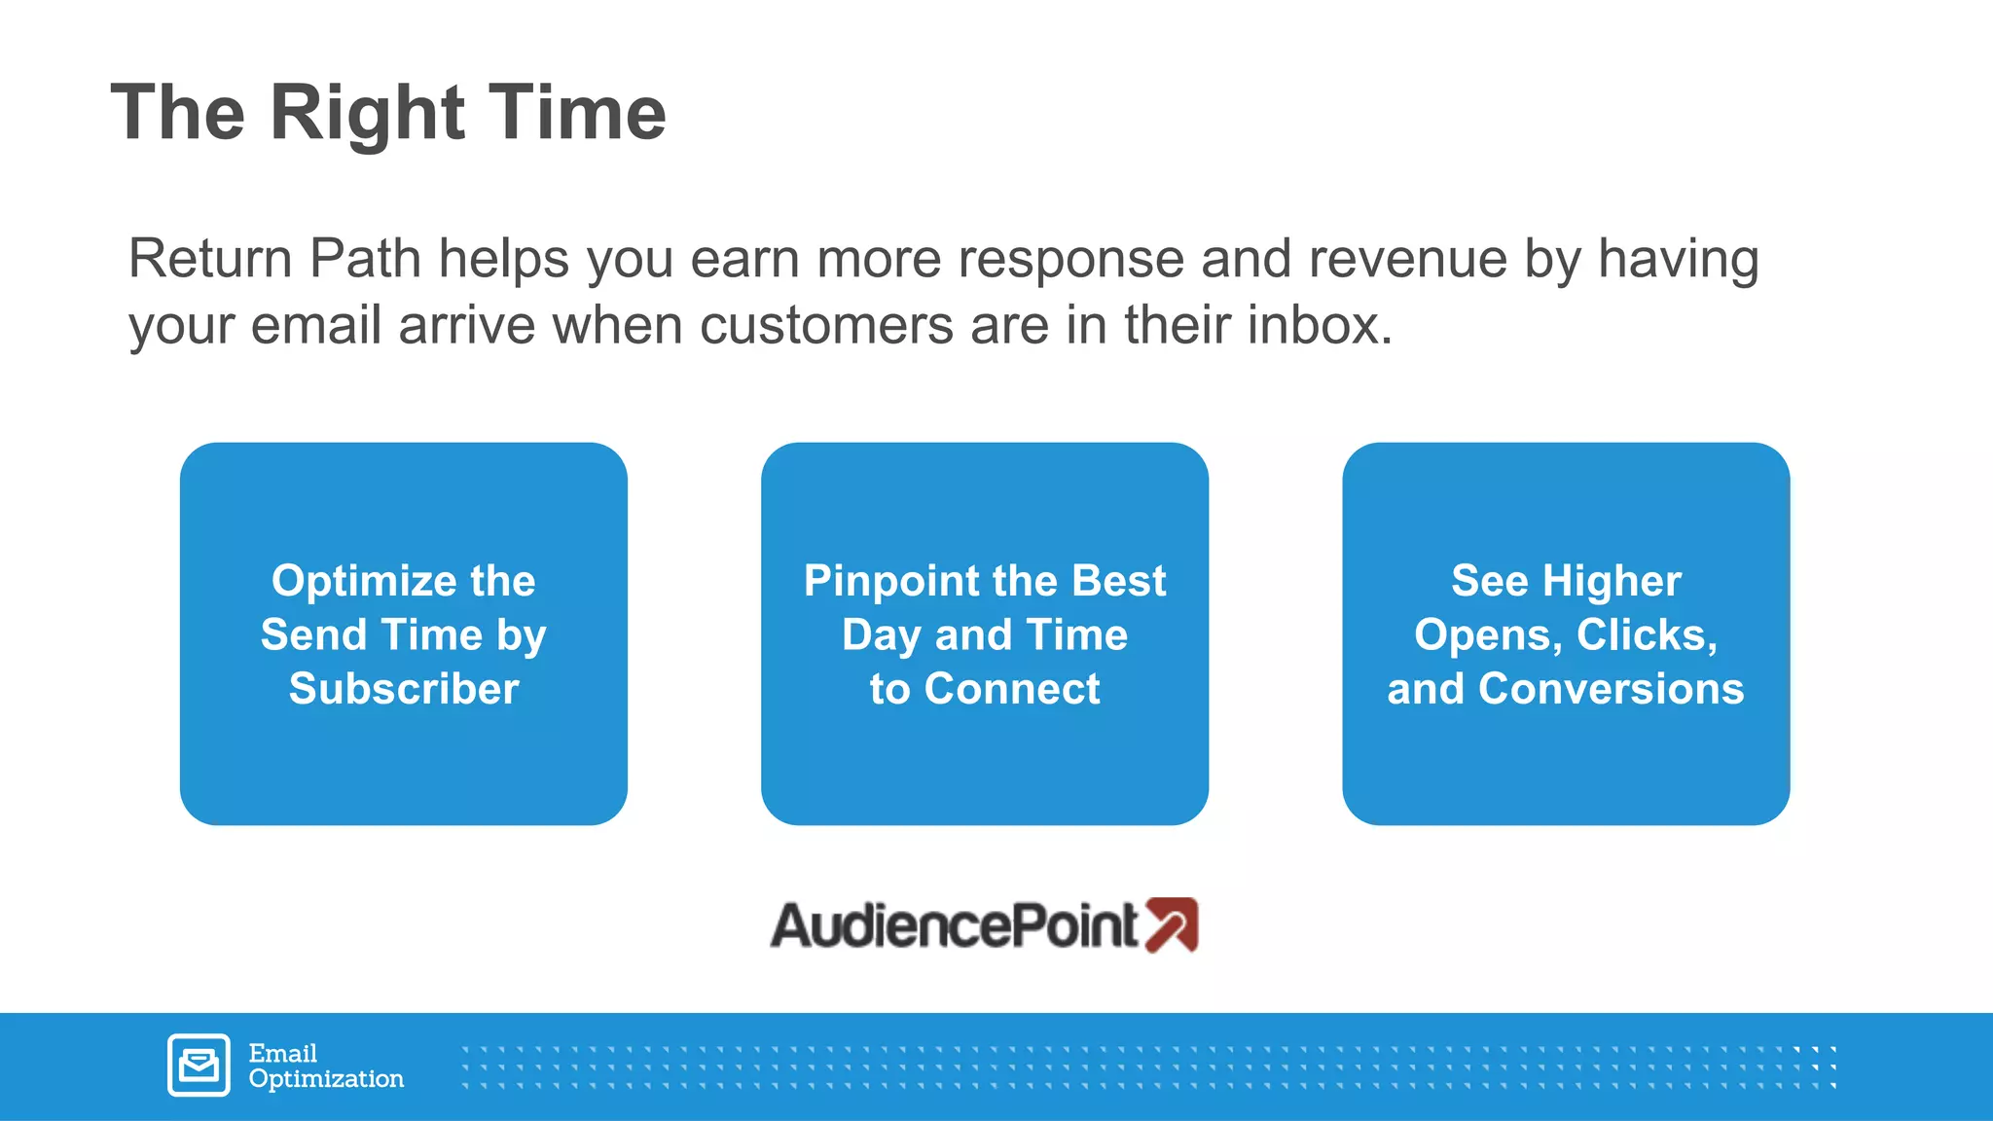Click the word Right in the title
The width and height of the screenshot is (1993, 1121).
[x=367, y=114]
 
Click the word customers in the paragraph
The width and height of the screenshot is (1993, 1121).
[x=826, y=325]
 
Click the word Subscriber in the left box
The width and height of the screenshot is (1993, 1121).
[x=404, y=689]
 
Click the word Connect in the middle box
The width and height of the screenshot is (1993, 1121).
[x=1012, y=689]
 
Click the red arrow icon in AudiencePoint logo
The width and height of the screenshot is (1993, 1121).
[x=1171, y=924]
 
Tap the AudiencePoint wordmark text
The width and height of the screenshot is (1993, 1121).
[x=954, y=925]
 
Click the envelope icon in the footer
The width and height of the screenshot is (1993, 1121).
[x=199, y=1066]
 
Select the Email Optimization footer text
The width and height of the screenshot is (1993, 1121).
[x=325, y=1066]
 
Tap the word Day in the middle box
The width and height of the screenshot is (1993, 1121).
[x=881, y=634]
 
